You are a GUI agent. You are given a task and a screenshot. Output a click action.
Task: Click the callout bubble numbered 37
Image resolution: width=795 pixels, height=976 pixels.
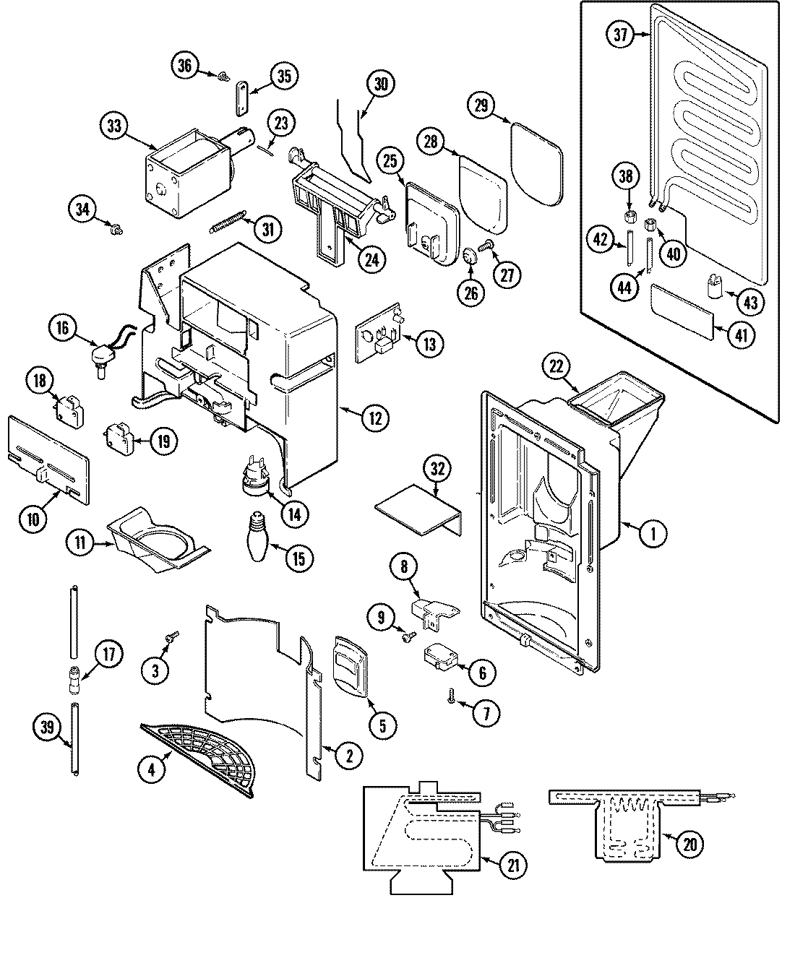[619, 36]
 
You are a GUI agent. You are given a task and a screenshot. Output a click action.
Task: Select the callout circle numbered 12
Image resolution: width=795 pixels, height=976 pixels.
[374, 417]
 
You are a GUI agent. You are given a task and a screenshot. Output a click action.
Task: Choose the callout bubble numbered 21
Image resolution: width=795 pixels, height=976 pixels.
[512, 866]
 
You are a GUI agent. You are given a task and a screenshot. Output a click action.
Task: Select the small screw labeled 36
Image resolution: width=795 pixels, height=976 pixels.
[223, 74]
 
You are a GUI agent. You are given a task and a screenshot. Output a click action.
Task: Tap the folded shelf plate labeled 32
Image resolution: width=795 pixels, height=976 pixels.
[419, 509]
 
